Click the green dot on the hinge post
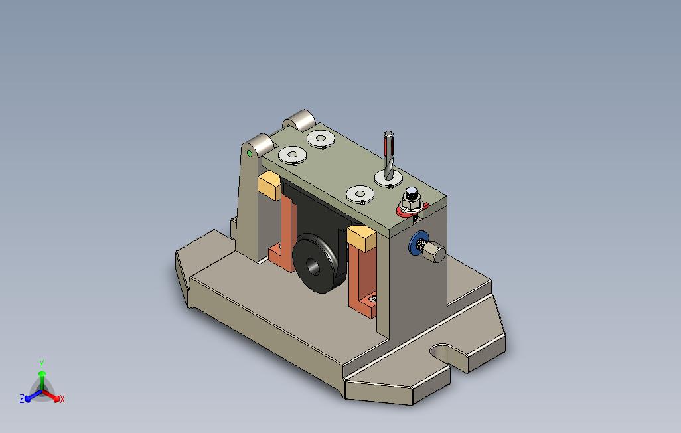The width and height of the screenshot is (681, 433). (250, 153)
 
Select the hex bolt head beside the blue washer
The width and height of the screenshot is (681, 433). (433, 252)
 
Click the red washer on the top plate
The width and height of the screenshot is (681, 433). (412, 211)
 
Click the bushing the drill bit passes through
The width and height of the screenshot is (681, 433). (388, 178)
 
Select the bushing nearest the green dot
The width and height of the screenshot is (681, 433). (292, 155)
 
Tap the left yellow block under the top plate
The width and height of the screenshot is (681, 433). (269, 185)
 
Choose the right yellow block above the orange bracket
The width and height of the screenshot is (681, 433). (362, 238)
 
